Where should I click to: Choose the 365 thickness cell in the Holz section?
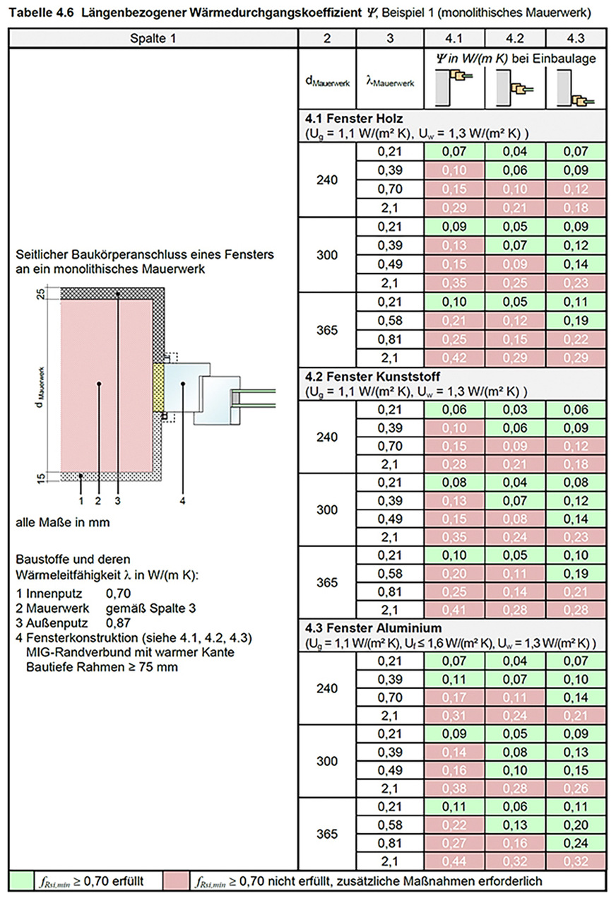pyautogui.click(x=327, y=330)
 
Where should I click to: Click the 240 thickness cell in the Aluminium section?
pyautogui.click(x=327, y=688)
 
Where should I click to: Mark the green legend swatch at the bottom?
pyautogui.click(x=22, y=881)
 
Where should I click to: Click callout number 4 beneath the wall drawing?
pyautogui.click(x=182, y=501)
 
